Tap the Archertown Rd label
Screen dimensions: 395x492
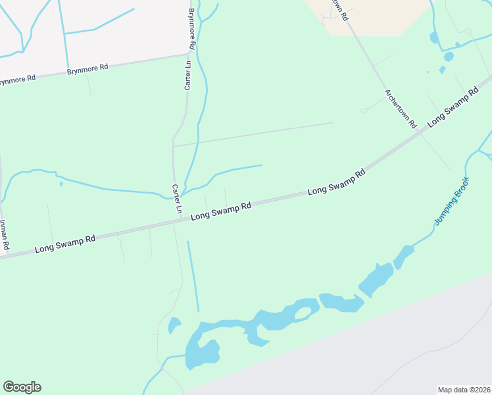(401, 109)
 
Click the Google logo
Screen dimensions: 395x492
(22, 387)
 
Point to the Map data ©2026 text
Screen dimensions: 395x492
(464, 390)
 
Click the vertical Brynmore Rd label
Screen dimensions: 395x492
(192, 29)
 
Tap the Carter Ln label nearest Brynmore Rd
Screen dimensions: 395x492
(187, 75)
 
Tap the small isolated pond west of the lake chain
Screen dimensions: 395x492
(174, 325)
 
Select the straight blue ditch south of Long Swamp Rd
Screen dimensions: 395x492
(193, 276)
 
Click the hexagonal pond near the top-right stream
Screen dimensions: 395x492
(449, 56)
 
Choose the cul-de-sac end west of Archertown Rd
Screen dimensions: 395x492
(363, 110)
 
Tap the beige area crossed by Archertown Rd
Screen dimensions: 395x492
(375, 16)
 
